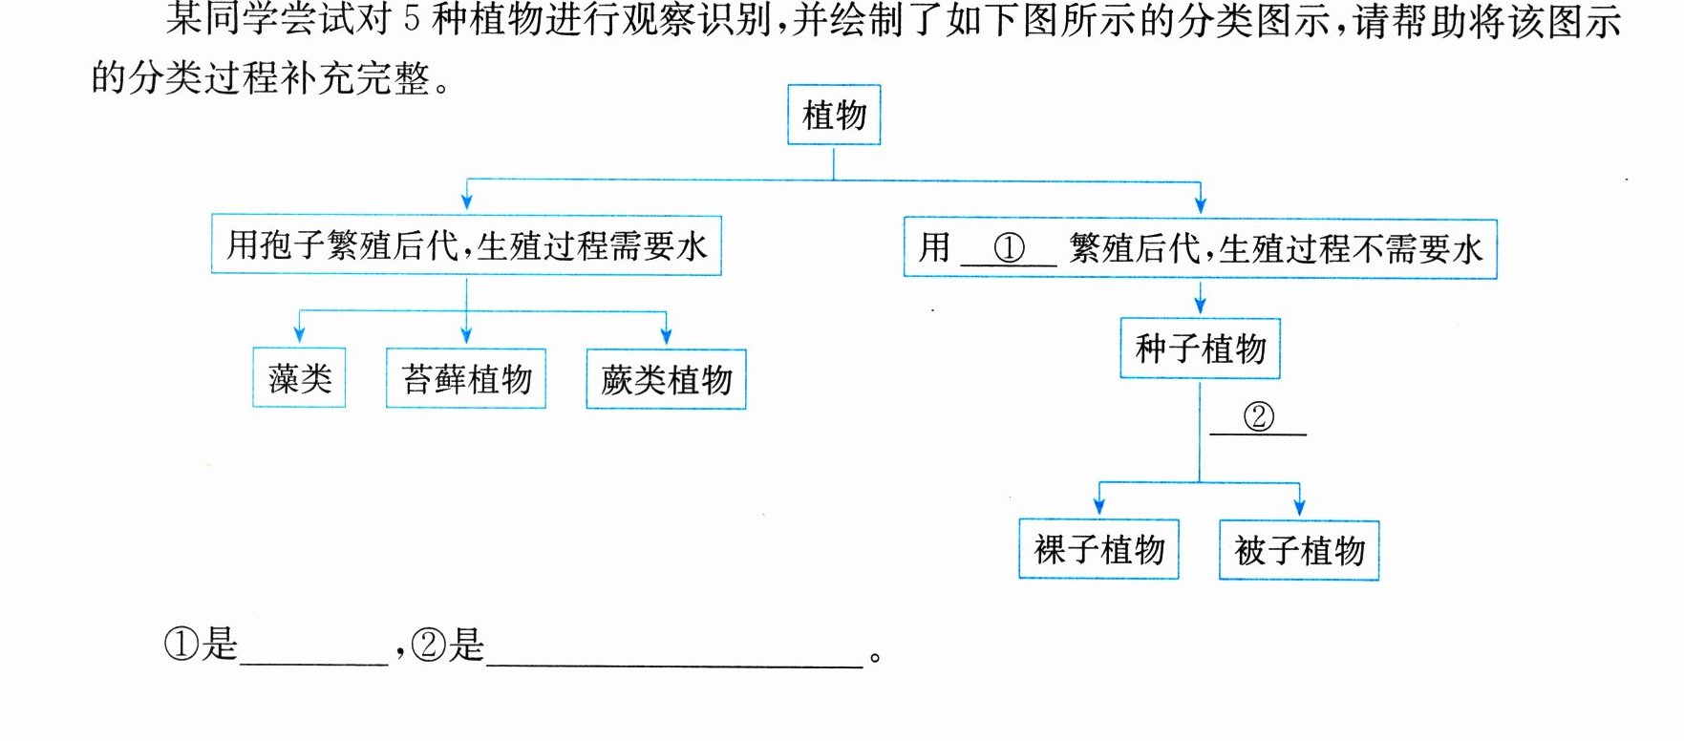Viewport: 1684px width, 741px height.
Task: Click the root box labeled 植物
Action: point(834,115)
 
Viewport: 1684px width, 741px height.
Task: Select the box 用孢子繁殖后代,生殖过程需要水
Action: point(466,245)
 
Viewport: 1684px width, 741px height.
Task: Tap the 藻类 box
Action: point(299,378)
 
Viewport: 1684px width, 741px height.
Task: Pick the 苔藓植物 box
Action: point(466,378)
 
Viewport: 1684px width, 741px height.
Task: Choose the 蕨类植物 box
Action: point(666,379)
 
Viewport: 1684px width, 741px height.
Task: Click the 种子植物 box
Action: point(1200,349)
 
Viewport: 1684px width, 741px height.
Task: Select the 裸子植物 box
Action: point(1098,549)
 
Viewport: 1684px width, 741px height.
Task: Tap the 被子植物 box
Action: point(1299,550)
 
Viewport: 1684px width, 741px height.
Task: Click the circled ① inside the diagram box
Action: point(1009,248)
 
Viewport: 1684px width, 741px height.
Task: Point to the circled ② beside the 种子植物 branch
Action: point(1259,416)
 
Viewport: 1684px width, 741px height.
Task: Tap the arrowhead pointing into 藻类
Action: point(299,335)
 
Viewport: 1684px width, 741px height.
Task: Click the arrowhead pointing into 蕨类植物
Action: point(666,335)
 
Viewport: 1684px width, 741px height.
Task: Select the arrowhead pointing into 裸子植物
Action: point(1099,506)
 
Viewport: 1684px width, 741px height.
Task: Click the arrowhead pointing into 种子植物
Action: point(1200,305)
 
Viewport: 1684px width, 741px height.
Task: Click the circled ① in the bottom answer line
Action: point(181,645)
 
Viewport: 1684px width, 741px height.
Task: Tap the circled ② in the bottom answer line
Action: point(429,646)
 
